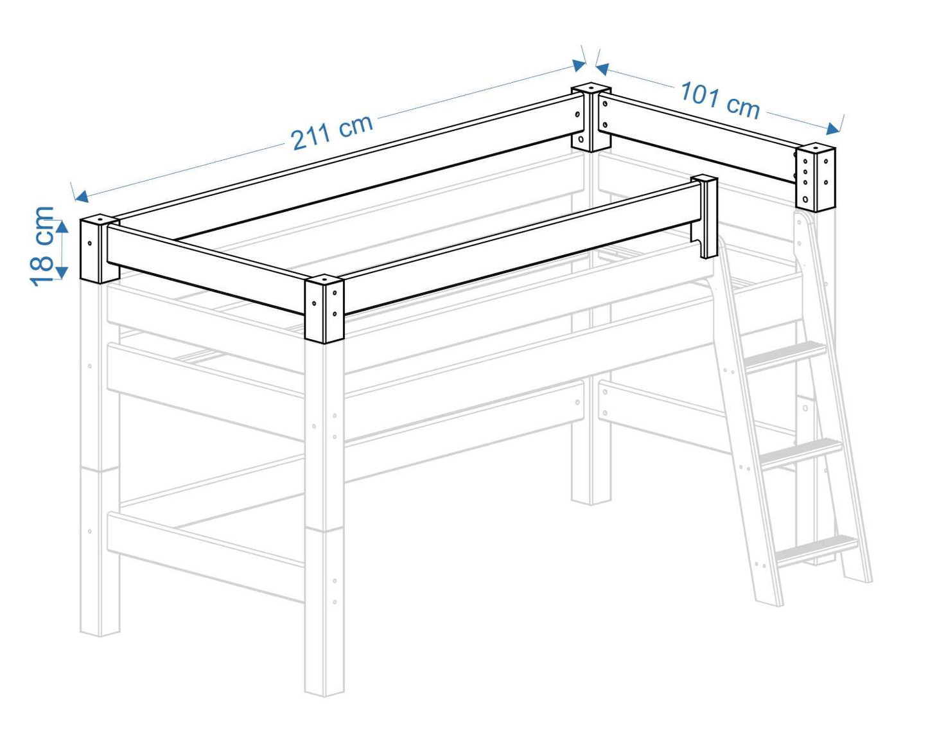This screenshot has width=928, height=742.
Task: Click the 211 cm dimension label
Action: pos(331,131)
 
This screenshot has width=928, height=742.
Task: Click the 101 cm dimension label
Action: pos(720,100)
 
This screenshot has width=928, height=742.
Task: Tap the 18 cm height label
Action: pos(42,245)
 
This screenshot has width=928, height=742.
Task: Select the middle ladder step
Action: pos(801,452)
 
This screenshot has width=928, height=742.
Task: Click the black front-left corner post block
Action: pos(100,249)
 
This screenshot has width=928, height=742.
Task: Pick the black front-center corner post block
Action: pos(324,309)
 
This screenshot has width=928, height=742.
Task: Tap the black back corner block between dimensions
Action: pos(591,117)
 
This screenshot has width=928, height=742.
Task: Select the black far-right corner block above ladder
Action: pos(816,177)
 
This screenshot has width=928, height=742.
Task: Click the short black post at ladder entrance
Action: pos(706,216)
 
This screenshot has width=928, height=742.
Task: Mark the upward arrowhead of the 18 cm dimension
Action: pos(61,225)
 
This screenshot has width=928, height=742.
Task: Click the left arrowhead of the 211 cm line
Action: pos(80,197)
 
